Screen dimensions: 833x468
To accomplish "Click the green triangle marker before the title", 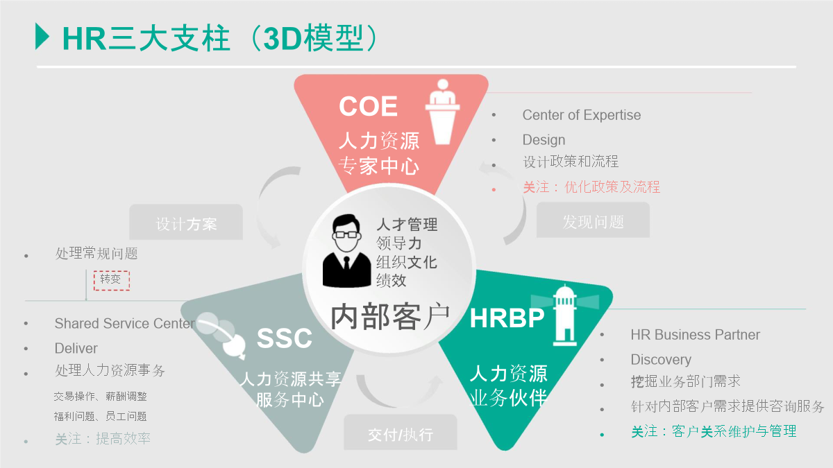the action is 42,36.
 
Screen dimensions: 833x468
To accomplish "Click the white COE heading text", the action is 368,106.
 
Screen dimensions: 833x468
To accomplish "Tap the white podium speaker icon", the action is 443,112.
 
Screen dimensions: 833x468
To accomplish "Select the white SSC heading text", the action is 285,338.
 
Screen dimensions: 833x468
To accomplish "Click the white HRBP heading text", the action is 507,318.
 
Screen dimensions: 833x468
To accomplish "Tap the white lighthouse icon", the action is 565,315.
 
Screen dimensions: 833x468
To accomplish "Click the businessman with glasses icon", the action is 346,251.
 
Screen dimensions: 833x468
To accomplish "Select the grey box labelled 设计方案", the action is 186,222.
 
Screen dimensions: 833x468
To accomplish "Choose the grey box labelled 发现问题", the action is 593,220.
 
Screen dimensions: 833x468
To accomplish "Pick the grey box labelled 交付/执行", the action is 401,433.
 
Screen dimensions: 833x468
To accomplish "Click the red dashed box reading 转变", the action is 112,280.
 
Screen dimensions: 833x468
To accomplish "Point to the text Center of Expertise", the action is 582,115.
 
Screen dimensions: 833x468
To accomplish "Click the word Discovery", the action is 661,360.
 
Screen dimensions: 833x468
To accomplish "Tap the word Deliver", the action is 76,348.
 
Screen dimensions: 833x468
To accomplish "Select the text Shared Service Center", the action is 124,324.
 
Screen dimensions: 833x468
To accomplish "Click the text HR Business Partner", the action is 695,335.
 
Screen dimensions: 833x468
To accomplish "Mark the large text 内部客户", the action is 390,316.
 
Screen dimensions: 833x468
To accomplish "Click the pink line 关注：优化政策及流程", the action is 591,187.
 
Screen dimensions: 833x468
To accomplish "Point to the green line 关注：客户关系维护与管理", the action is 714,431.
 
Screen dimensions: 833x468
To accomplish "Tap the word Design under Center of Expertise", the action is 544,140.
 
